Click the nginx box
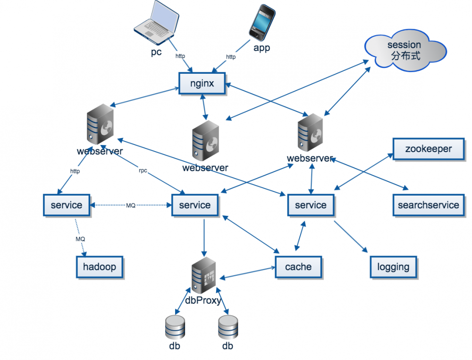pyautogui.click(x=202, y=84)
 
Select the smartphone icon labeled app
pyautogui.click(x=261, y=22)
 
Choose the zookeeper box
pyautogui.click(x=428, y=149)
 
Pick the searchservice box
pyautogui.click(x=428, y=205)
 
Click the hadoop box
pyautogui.click(x=99, y=267)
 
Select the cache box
pyautogui.click(x=298, y=267)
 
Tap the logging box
pyautogui.click(x=393, y=267)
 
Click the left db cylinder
pyautogui.click(x=175, y=327)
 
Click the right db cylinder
pyautogui.click(x=228, y=327)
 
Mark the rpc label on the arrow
pyautogui.click(x=143, y=171)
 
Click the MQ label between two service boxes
pyautogui.click(x=131, y=206)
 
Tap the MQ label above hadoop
pyautogui.click(x=80, y=239)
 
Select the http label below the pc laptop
pyautogui.click(x=180, y=56)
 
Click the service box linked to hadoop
pyautogui.click(x=66, y=205)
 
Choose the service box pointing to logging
pyautogui.click(x=311, y=205)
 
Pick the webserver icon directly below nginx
pyautogui.click(x=206, y=140)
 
